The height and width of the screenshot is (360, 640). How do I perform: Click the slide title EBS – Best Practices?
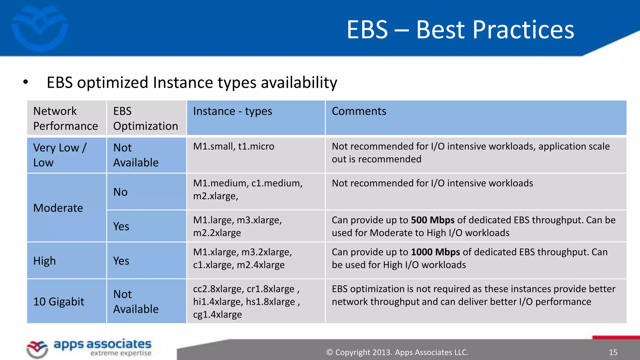(x=460, y=30)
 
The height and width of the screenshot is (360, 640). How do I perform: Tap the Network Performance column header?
(x=65, y=118)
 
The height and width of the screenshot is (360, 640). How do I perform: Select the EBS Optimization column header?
(x=145, y=118)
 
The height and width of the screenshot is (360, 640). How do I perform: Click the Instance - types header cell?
(x=232, y=111)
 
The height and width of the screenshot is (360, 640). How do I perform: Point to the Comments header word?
(x=359, y=111)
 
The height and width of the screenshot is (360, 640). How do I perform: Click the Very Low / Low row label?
(x=59, y=155)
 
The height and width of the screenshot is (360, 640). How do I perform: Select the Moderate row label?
(x=58, y=208)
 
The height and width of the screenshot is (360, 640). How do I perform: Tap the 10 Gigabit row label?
(x=59, y=302)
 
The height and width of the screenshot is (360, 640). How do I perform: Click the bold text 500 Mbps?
(x=432, y=220)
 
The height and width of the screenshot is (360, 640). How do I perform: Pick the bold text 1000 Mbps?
(x=435, y=252)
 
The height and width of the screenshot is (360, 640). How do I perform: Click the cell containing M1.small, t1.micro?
(x=233, y=146)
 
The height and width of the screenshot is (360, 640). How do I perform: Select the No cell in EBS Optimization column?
(x=120, y=192)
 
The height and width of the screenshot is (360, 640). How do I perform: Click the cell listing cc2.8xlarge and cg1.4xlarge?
(x=246, y=301)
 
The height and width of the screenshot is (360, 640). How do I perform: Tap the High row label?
(x=45, y=261)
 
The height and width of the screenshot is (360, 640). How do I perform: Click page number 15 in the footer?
(x=613, y=352)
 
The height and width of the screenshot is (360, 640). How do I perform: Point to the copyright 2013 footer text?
(x=397, y=352)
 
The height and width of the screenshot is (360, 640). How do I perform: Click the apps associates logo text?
(x=102, y=344)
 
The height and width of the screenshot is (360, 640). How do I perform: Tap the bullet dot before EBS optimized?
(x=26, y=82)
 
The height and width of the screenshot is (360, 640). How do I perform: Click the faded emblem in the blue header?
(x=40, y=28)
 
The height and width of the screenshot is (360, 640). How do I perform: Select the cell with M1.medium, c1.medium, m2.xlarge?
(x=247, y=189)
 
